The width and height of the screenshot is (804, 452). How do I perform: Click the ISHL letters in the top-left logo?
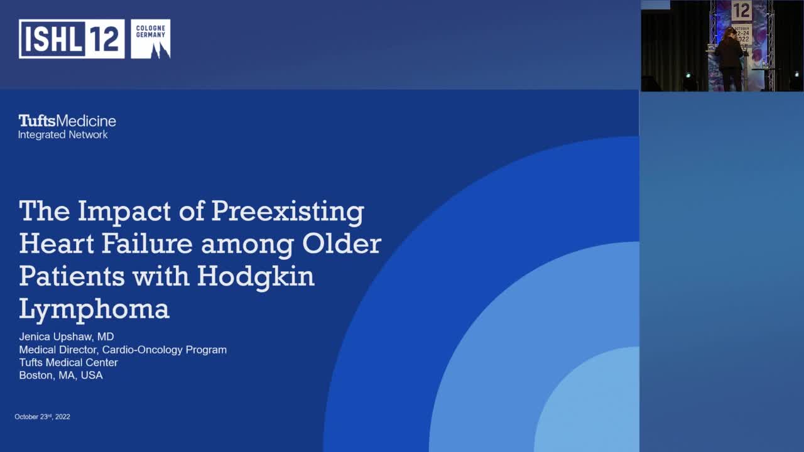coord(53,39)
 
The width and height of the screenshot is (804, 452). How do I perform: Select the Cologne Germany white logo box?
coord(150,39)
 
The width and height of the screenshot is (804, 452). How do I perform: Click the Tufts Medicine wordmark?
coord(67,121)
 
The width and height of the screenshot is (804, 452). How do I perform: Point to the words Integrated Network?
coord(63,135)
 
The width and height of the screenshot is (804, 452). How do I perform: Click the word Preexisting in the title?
coord(288,212)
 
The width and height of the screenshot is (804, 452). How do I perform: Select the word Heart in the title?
coord(55,244)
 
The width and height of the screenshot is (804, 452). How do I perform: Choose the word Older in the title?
coord(342,244)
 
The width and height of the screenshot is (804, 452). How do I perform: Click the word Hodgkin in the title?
coord(256,277)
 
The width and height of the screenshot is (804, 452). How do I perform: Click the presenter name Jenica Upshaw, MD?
coord(67,337)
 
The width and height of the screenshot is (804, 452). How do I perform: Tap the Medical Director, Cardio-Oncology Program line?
coord(122,350)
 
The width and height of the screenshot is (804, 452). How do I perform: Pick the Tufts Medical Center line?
coord(68,362)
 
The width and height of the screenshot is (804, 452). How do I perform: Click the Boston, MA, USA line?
coord(61,375)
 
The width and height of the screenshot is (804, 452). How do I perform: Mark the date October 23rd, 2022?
coord(42,417)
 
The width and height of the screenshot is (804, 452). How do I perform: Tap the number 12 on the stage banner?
coord(742,11)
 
